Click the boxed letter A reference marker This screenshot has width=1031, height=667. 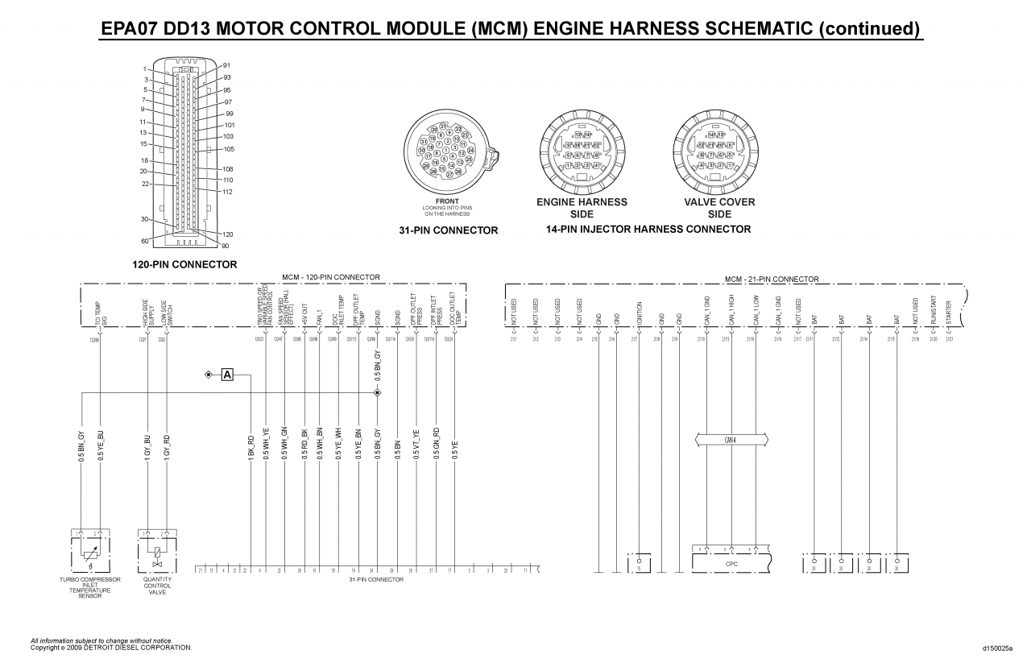coord(227,375)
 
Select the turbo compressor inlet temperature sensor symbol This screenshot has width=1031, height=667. coord(89,552)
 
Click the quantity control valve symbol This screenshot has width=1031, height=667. coord(156,552)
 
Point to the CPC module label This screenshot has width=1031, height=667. coord(731,564)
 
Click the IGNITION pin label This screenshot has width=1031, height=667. coord(640,313)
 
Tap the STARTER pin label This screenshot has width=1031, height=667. coord(949,311)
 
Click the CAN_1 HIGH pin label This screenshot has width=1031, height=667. coord(731,311)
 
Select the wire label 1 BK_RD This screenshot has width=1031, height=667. coord(251,446)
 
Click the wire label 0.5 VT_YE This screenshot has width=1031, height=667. coord(416,445)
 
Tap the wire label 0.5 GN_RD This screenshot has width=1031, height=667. coord(436,445)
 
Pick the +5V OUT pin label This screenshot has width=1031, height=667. coord(304,314)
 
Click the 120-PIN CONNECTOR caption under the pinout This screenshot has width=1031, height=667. coord(184,264)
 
